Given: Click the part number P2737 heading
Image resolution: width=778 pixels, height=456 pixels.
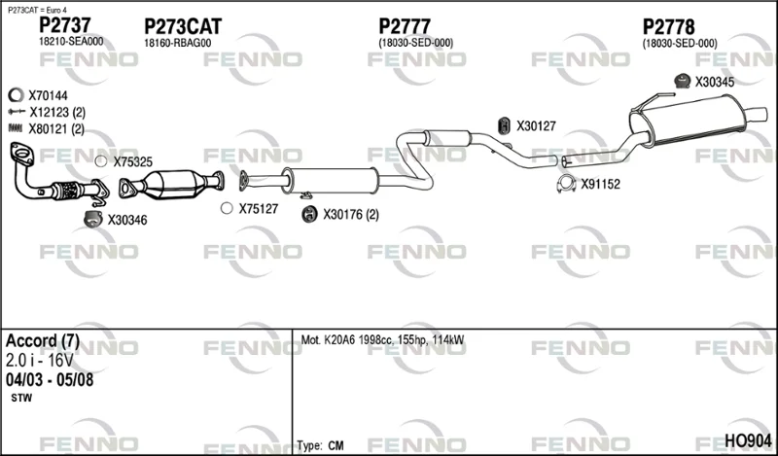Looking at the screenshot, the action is (x=65, y=25).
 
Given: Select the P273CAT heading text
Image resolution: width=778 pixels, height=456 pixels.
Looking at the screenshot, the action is (x=183, y=26).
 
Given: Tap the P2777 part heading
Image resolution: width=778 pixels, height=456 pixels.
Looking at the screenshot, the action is (x=405, y=26).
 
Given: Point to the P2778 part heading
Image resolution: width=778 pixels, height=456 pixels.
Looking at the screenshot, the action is (x=668, y=27).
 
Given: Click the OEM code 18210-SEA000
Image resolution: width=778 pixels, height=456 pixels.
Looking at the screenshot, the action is (x=71, y=42).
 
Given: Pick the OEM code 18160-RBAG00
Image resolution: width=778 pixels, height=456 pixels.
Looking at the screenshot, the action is (x=178, y=43).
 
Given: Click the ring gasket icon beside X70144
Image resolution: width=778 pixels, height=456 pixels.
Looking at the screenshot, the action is (x=16, y=94).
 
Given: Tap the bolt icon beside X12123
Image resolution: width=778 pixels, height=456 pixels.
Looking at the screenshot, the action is (x=17, y=112).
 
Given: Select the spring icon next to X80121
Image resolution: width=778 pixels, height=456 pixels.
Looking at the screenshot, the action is (x=16, y=128).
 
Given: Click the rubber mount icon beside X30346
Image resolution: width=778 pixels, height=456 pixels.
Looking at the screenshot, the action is (x=92, y=219).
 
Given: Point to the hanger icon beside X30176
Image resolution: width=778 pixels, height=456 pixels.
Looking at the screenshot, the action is (x=309, y=214).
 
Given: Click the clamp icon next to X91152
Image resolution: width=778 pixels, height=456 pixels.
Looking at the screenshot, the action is (x=566, y=184).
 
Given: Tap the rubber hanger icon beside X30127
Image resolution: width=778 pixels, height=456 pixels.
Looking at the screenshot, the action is (x=504, y=126).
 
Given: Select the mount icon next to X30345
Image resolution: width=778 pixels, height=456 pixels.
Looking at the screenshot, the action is (x=683, y=81).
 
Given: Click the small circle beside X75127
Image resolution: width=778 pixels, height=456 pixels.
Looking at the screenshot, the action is (x=227, y=208).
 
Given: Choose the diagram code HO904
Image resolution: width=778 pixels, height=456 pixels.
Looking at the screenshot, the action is (x=748, y=440).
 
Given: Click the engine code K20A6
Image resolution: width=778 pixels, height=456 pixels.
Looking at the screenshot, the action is (x=339, y=340).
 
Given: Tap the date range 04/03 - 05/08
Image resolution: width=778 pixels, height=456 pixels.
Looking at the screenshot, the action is (x=50, y=380).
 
